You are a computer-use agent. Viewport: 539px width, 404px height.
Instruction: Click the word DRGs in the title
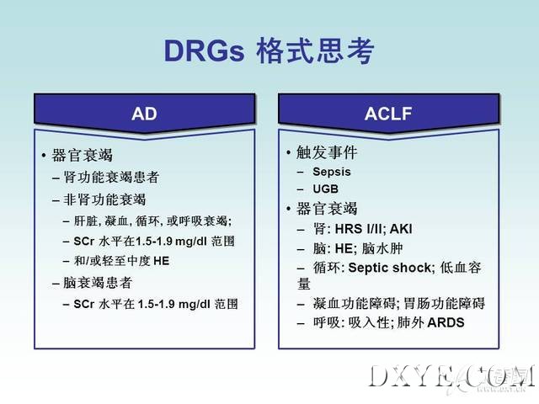click(204, 51)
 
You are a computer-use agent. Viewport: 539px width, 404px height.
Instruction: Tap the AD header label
click(144, 114)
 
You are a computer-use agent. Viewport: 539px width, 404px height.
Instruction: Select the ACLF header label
click(388, 114)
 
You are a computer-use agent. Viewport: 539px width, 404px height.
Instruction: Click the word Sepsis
click(332, 172)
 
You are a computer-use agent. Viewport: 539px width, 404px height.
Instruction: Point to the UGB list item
click(326, 189)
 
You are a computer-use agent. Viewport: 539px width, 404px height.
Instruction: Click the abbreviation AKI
click(401, 229)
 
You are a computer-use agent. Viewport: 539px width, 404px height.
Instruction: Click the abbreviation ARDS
click(446, 322)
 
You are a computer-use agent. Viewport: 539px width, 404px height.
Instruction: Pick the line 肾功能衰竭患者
click(111, 178)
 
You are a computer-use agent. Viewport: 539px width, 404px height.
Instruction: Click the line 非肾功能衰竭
click(104, 199)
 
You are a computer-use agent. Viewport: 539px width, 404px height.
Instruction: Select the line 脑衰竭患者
click(98, 283)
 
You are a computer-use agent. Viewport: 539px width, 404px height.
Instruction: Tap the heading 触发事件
click(327, 152)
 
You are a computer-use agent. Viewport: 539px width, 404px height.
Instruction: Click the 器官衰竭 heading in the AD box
click(83, 155)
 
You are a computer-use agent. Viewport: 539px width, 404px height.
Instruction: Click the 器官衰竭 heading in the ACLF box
click(327, 209)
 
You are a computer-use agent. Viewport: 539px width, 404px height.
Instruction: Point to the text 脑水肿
click(382, 248)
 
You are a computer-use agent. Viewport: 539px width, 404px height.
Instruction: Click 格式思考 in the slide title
click(315, 51)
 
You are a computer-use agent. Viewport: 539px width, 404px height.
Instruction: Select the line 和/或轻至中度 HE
click(121, 261)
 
